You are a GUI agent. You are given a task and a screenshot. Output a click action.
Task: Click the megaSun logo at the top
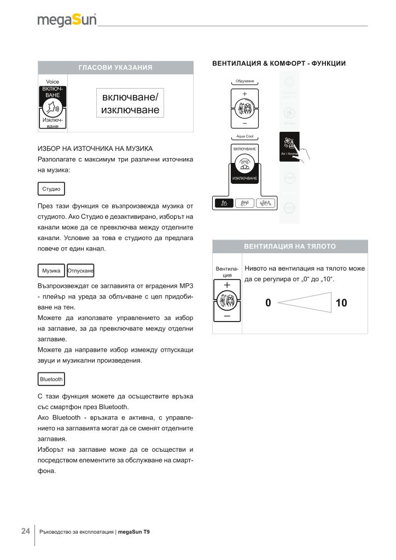coord(67,20)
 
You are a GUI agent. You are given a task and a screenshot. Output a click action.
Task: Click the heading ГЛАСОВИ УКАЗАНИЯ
coord(115,68)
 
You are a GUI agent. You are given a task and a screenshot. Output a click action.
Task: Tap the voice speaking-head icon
coord(53,106)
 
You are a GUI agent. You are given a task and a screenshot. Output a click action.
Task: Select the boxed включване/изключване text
coord(130,103)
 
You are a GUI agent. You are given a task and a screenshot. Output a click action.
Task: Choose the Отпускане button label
coord(80,271)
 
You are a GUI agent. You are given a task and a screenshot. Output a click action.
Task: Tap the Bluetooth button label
coord(51,379)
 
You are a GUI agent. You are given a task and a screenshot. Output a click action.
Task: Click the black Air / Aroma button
coord(289,147)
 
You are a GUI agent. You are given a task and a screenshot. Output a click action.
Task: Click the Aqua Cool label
coord(244,137)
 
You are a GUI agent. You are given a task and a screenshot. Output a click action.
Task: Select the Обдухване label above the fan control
coord(244,81)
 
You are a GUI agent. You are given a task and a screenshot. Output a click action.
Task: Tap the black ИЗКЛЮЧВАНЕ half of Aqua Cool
coord(244,178)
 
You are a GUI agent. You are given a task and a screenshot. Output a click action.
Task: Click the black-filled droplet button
coord(224,203)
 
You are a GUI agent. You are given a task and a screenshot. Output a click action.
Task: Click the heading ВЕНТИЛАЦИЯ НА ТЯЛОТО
coord(289,246)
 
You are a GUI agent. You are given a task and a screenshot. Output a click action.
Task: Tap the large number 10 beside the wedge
coord(341,303)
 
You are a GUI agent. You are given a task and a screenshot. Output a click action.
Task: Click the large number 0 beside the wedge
coord(267,303)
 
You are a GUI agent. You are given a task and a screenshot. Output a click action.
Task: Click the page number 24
coord(25,531)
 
